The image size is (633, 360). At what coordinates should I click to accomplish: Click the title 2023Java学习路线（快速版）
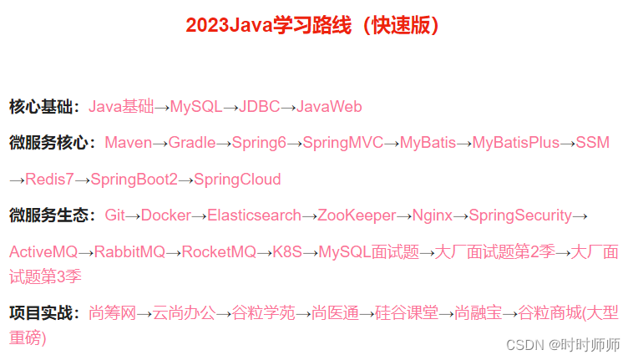pos(313,25)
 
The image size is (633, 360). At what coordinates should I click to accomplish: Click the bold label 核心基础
pos(43,107)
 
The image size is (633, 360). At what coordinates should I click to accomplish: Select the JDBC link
pos(259,107)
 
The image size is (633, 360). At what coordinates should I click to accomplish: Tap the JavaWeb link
pos(329,107)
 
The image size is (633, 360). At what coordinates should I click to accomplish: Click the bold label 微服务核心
pos(51,143)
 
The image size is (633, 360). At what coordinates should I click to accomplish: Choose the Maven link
pos(128,143)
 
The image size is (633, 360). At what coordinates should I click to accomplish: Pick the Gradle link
pos(192,143)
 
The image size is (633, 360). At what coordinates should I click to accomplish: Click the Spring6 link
pos(259,143)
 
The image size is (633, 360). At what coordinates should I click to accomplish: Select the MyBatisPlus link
pos(515,143)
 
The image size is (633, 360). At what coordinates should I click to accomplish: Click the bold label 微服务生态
pos(51,215)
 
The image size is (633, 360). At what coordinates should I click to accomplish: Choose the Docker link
pos(166,215)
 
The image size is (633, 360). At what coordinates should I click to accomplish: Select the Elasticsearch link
pos(254,215)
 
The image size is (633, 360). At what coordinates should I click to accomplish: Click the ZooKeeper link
pos(357,215)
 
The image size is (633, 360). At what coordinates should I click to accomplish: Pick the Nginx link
pos(432,215)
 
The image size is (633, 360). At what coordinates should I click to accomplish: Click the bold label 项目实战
pos(43,313)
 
